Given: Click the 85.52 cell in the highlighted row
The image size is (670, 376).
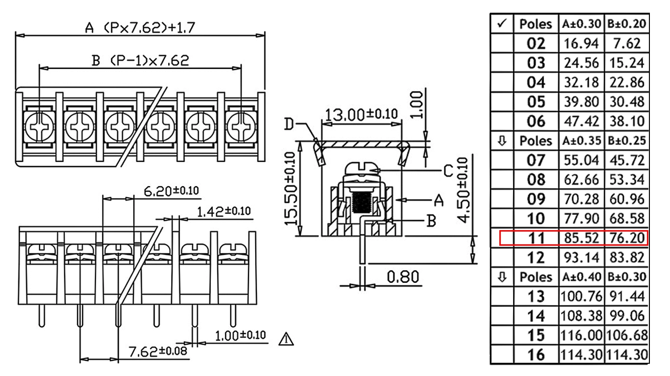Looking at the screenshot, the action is (x=581, y=238).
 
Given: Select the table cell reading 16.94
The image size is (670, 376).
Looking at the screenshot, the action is (x=581, y=44).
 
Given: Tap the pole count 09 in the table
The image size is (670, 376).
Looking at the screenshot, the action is (x=536, y=199).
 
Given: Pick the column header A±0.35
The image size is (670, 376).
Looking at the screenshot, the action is (x=581, y=141).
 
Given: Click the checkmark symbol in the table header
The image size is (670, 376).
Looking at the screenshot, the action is (x=502, y=23).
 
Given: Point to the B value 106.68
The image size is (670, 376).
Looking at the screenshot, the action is (x=627, y=335).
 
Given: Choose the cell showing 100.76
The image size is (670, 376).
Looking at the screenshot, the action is (x=581, y=297).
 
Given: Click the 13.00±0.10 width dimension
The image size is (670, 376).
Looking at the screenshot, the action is (x=361, y=115).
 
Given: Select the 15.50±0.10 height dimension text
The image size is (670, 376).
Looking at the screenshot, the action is (x=290, y=188).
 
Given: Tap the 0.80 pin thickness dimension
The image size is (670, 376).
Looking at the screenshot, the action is (x=403, y=277).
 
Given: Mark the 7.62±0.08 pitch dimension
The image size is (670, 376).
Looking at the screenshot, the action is (x=157, y=351).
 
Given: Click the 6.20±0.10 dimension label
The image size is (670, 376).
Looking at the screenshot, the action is (x=171, y=191).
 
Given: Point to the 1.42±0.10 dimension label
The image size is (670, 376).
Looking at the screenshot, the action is (x=224, y=211).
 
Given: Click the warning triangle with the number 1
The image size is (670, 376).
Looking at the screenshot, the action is (x=286, y=339).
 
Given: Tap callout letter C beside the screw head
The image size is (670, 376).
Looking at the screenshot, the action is (x=448, y=171).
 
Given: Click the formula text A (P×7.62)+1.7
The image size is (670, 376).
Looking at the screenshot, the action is (x=140, y=28).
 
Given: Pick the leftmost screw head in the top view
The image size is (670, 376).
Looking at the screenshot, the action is (x=39, y=127).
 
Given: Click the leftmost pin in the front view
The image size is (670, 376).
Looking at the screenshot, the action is (x=42, y=316).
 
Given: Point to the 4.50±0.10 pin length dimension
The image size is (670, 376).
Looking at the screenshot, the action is (x=463, y=190).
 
